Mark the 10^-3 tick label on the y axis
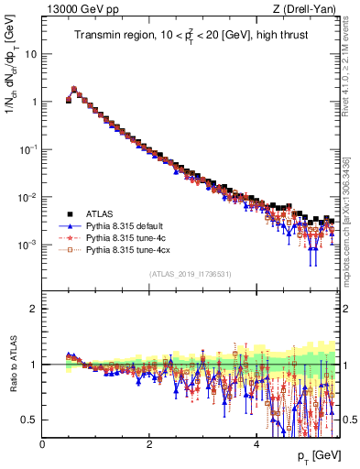pyautogui.click(x=28, y=245)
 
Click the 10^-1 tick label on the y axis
pyautogui.click(x=28, y=148)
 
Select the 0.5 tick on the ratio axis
pyautogui.click(x=30, y=420)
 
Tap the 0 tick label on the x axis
pyautogui.click(x=42, y=442)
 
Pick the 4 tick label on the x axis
pyautogui.click(x=256, y=442)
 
